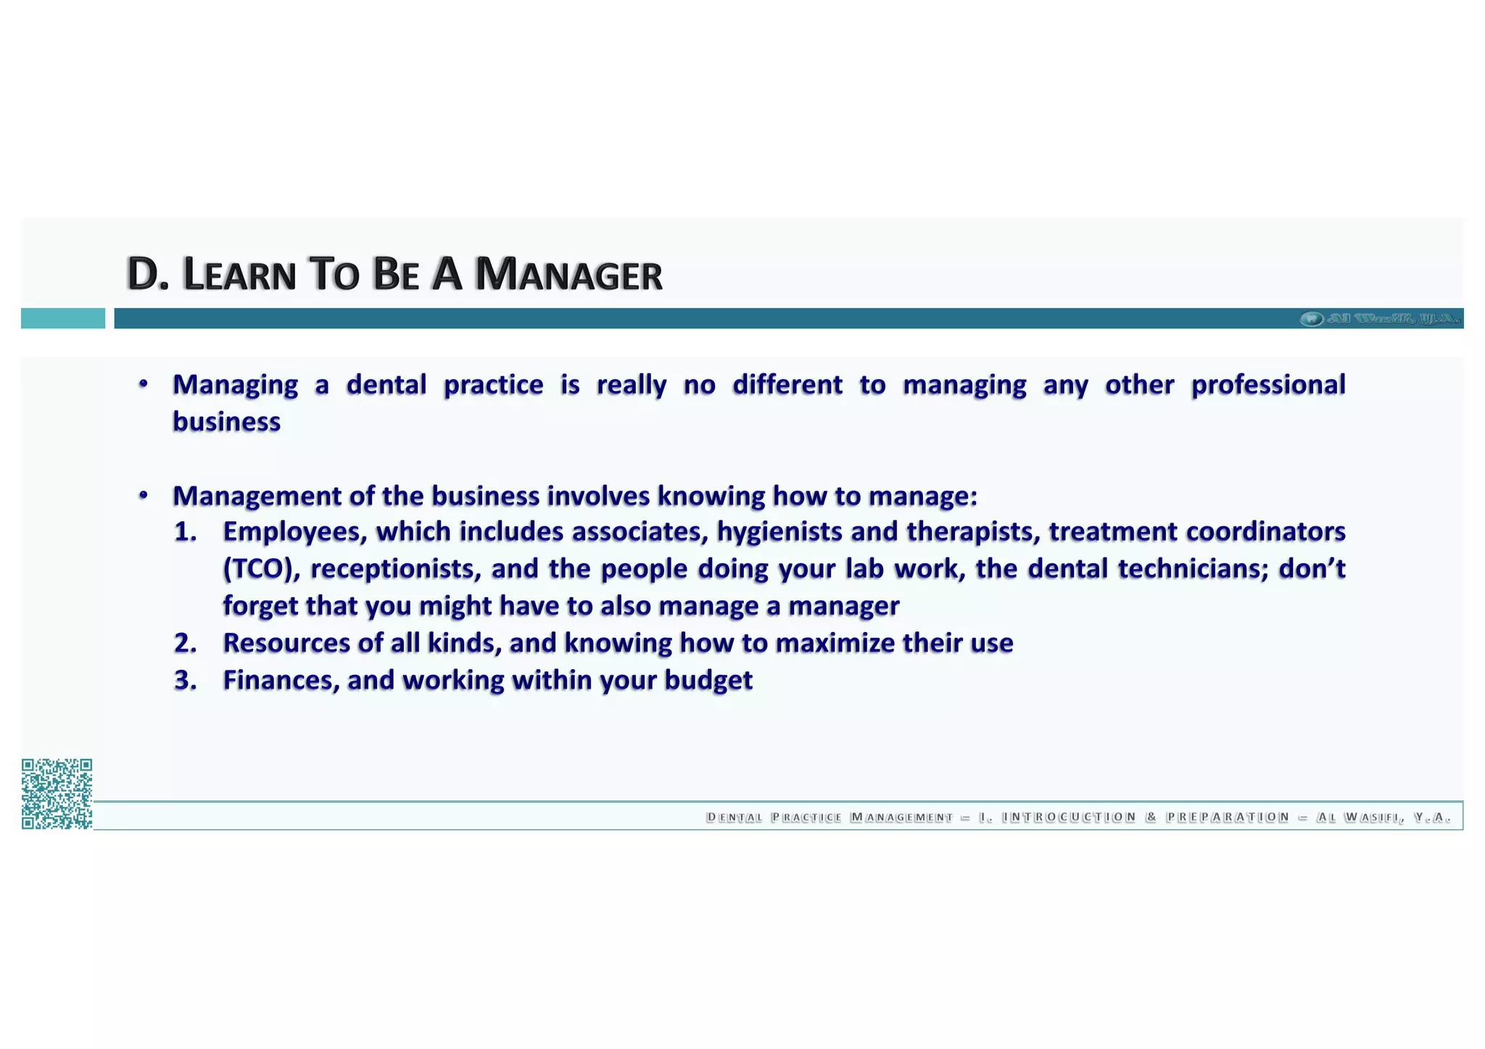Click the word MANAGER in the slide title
coord(568,275)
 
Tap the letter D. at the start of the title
coord(147,275)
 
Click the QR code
coord(57,793)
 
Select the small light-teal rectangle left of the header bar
coord(62,318)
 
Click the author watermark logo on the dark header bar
coord(1378,318)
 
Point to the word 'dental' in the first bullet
coord(386,384)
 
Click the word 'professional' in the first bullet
coord(1267,384)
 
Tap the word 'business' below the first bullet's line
coord(226,421)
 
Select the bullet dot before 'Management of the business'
coord(144,495)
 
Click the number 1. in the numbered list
coord(185,531)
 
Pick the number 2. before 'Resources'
coord(185,643)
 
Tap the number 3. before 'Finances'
coord(185,680)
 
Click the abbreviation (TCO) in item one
coord(261,568)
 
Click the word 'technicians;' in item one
coord(1193,568)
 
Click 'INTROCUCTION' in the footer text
coord(1068,817)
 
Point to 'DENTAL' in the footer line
coord(734,817)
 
